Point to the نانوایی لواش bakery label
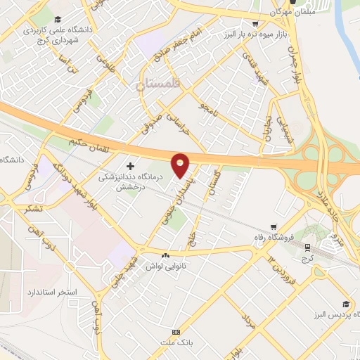(x=166, y=266)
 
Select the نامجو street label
(x=207, y=108)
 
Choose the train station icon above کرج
(x=307, y=246)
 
